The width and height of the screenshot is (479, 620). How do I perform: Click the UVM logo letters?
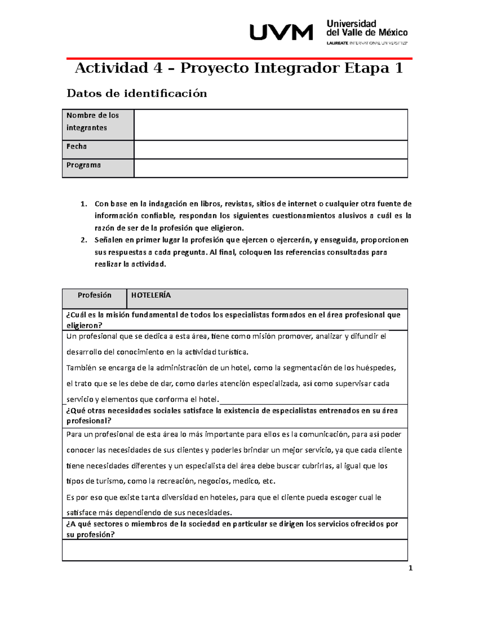coord(281,32)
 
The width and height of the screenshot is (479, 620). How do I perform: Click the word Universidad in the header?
coord(351,24)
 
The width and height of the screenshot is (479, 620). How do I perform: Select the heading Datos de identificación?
coord(137,93)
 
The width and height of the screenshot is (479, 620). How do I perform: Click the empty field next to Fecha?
coord(271,150)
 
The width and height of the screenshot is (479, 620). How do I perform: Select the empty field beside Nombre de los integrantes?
coord(271,125)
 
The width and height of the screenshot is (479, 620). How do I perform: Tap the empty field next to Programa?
coord(271,168)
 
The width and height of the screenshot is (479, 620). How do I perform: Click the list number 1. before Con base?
coord(83,204)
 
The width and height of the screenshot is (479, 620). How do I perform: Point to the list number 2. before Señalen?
coord(83,240)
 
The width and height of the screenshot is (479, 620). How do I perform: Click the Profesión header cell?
coord(94,295)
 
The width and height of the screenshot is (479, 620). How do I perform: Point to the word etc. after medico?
coord(269,481)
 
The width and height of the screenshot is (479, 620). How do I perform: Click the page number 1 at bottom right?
coord(410,568)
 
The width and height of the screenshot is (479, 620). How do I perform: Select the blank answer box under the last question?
coord(235,550)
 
